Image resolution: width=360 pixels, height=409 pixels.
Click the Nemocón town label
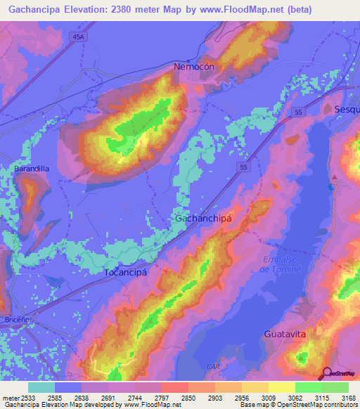(193, 67)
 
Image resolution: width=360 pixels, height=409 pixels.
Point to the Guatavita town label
(285, 334)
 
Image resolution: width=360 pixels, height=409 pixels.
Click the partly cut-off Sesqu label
(347, 109)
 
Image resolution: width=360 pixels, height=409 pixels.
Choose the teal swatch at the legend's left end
(41, 387)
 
